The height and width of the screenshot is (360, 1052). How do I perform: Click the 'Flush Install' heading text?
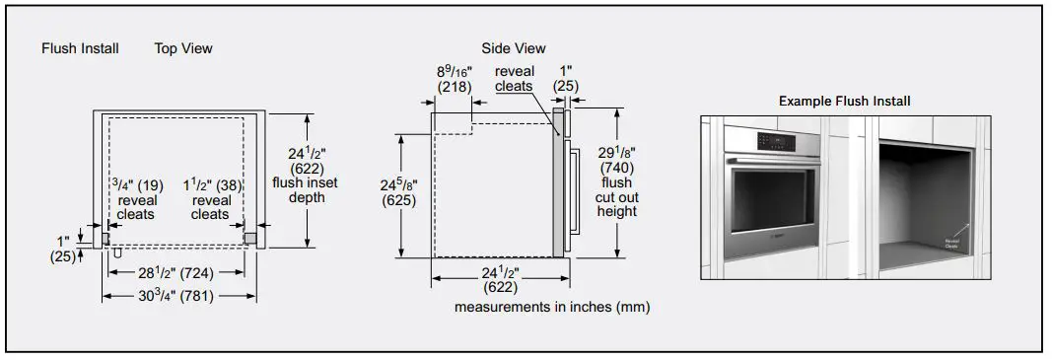pos(80,48)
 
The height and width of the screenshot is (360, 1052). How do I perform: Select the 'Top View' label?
pos(182,48)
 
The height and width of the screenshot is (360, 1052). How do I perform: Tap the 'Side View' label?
pos(513,48)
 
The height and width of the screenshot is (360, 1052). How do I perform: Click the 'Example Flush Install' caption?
pos(844,101)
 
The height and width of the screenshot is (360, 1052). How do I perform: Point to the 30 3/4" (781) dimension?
pos(176,295)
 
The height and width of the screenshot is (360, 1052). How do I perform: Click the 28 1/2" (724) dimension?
pos(176,272)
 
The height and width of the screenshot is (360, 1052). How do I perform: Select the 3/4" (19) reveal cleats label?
pos(135,199)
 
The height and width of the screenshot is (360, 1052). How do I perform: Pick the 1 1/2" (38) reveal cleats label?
pos(211,199)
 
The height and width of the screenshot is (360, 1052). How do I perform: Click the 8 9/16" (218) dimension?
pos(456,79)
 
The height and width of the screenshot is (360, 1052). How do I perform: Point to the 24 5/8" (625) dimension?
pos(399,192)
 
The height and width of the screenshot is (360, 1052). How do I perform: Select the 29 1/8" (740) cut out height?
pos(616,182)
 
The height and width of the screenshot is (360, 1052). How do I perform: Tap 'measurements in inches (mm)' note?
pos(552,308)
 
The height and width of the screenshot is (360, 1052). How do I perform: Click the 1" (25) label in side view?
pos(565,79)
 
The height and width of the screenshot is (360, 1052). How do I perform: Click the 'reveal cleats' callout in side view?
pos(514,79)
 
